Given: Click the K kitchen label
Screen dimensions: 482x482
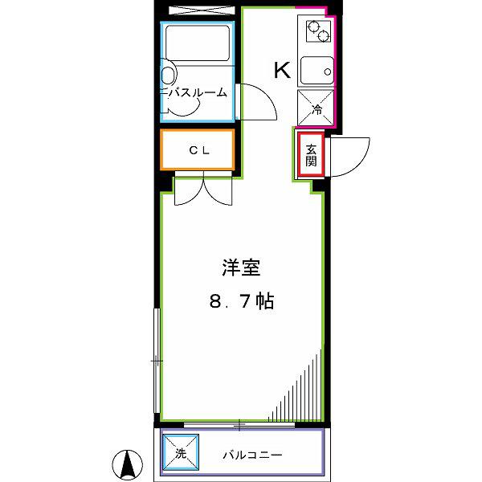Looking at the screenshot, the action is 282,71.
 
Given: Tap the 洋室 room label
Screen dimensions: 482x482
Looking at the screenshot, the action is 241,268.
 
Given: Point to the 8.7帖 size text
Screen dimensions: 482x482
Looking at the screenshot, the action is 242,301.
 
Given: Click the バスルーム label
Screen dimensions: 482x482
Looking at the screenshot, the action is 197,92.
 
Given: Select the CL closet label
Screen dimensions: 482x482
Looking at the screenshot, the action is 199,150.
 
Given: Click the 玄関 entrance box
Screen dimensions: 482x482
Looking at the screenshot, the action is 311,155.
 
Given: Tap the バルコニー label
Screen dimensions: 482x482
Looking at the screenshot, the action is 252,455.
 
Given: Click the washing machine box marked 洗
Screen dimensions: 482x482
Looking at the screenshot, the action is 181,452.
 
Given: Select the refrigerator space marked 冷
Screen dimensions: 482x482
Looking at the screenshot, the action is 316,108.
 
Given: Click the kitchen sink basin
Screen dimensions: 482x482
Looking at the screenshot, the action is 317,71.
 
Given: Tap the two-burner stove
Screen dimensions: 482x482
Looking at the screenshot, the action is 318,31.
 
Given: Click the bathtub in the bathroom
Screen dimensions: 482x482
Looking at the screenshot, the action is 198,43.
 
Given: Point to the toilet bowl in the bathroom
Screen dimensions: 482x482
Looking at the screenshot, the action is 168,74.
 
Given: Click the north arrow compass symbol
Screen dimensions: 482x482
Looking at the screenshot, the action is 127,465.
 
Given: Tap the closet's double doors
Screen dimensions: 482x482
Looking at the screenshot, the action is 203,189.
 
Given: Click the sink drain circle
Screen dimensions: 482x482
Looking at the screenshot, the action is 328,72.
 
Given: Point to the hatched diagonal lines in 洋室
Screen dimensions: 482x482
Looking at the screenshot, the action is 295,386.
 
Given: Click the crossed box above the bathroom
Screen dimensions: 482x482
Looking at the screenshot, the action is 202,10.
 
